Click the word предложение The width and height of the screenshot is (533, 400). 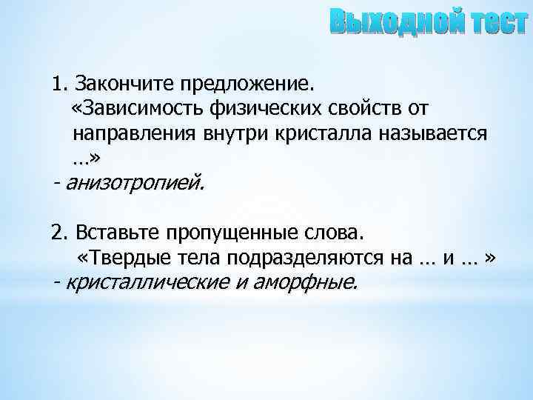tap(249, 81)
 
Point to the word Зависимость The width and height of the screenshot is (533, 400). tap(138, 109)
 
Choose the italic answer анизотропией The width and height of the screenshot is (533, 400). tap(133, 181)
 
